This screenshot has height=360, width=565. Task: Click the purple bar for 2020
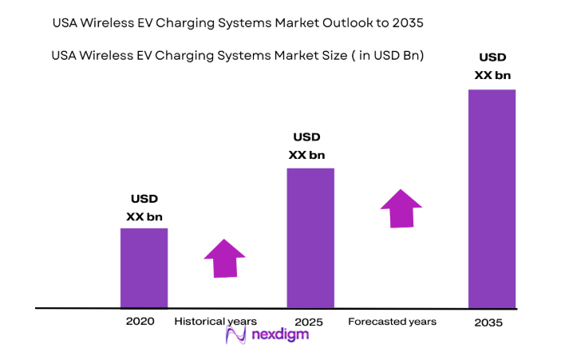click(144, 267)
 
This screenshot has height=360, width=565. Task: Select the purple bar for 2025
click(310, 237)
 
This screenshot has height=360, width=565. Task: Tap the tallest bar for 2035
click(492, 198)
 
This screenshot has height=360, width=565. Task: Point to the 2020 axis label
click(140, 322)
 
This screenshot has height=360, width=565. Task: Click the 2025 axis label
click(307, 322)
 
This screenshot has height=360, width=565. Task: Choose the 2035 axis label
click(489, 323)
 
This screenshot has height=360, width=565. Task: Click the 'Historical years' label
click(215, 322)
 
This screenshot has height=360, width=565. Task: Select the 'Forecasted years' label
click(392, 322)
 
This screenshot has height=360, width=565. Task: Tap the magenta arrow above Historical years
click(224, 258)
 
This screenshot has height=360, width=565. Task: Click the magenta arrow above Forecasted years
click(401, 208)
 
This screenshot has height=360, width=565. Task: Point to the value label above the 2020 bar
click(144, 208)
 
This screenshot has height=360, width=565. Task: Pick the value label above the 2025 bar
click(307, 146)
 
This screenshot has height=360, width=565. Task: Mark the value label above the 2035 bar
click(492, 66)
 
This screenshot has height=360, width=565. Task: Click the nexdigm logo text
click(282, 335)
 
